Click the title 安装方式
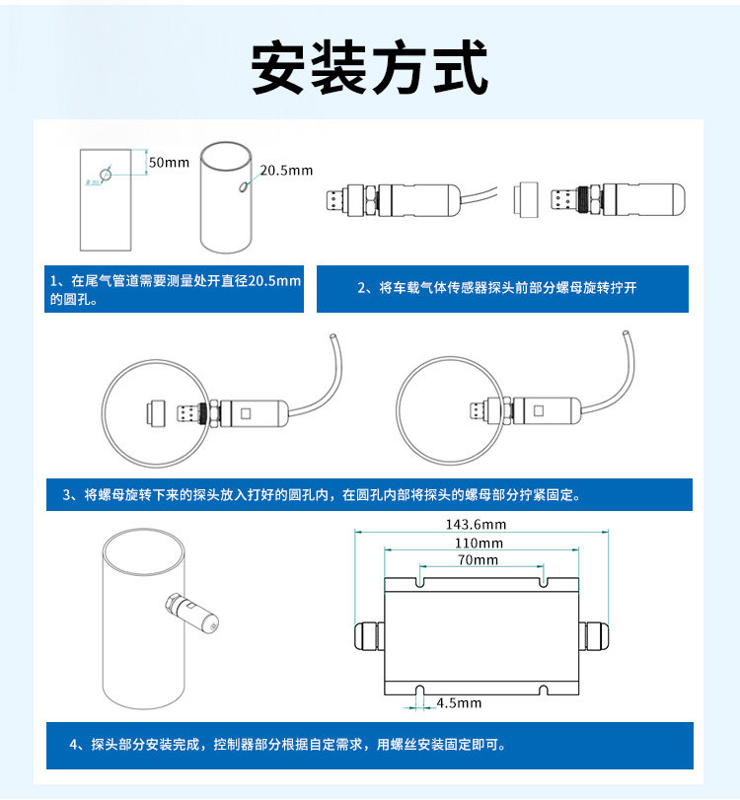tap(370, 67)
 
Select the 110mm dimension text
tap(480, 543)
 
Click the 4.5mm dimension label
tap(460, 703)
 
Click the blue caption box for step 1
tap(176, 290)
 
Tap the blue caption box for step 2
tap(502, 289)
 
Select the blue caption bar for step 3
tap(369, 494)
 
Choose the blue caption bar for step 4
tap(369, 746)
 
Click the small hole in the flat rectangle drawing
tap(107, 176)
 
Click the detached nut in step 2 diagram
tap(526, 199)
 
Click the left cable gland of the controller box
tap(366, 635)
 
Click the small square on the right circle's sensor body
tap(540, 408)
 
